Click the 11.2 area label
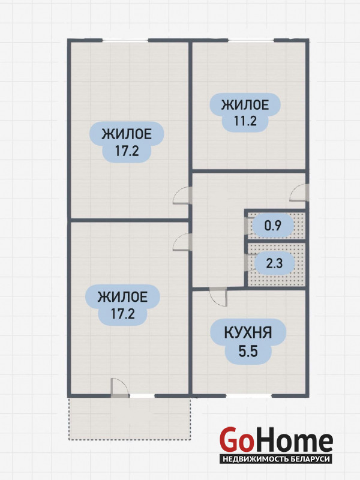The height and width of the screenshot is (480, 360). click(x=245, y=122)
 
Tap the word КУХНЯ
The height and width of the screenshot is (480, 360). click(x=248, y=334)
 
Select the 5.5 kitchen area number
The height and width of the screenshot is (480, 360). click(x=248, y=352)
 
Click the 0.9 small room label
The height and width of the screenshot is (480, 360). click(x=273, y=226)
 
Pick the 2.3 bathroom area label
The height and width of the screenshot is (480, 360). click(x=274, y=263)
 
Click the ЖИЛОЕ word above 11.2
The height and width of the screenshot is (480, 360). click(x=245, y=105)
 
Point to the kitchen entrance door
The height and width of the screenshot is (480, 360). click(x=218, y=296)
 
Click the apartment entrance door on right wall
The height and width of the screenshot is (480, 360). click(x=299, y=193)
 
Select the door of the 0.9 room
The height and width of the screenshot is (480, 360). click(x=246, y=227)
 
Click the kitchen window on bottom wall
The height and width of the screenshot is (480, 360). click(x=248, y=395)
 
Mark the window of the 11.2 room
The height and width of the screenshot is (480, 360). click(x=251, y=40)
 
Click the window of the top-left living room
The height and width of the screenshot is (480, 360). click(x=125, y=40)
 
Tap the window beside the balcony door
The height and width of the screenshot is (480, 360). click(x=142, y=395)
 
